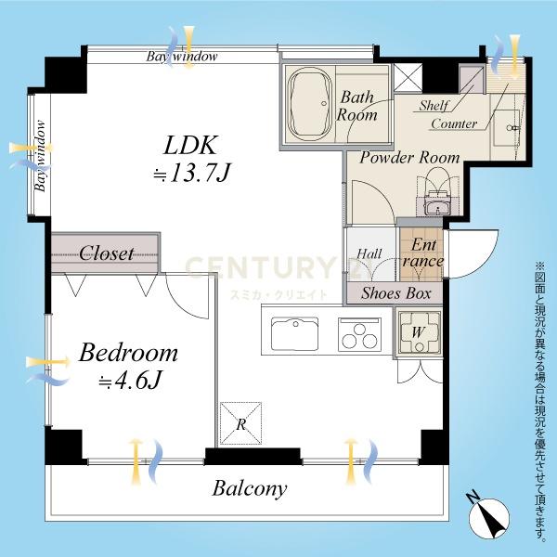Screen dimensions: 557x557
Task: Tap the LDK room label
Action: [x=189, y=145]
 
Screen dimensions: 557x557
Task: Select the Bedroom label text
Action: [x=128, y=353]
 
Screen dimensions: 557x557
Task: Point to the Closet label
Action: [x=106, y=253]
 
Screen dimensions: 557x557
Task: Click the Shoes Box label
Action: [x=396, y=293]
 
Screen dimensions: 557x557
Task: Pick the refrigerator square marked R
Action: [x=240, y=423]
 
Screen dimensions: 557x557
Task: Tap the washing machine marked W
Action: [x=419, y=332]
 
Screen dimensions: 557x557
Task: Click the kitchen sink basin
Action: [x=294, y=334]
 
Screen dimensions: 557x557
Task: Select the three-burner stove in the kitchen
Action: [x=359, y=334]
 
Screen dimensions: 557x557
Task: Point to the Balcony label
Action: [x=250, y=488]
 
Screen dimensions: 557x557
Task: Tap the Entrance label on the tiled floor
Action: [x=422, y=253]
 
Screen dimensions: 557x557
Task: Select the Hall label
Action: [x=369, y=253]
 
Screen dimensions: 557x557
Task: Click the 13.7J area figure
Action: [x=192, y=175]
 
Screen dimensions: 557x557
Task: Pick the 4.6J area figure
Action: [x=130, y=380]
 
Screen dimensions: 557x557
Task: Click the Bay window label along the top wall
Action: [x=182, y=57]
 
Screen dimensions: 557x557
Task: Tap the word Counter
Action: [x=454, y=124]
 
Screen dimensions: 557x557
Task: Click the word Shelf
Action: [x=434, y=106]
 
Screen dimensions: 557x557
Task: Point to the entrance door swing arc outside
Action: [x=489, y=260]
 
